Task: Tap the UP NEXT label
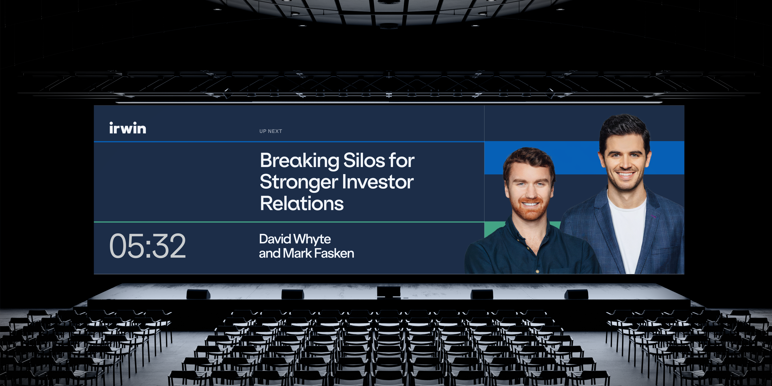[x=271, y=131]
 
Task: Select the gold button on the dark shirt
[x=537, y=272]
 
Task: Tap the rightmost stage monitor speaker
[x=576, y=294]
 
